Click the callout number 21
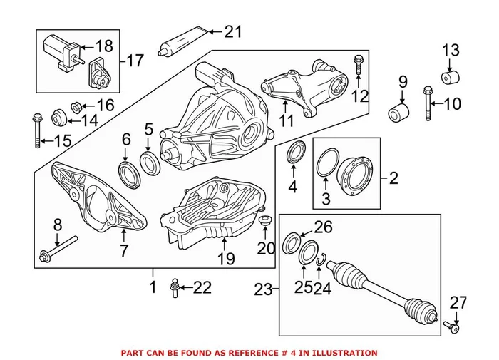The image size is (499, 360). (233, 31)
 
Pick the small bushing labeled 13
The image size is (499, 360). (450, 77)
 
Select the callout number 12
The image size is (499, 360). (361, 95)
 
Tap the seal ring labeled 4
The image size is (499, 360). (294, 153)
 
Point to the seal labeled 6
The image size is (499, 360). (126, 171)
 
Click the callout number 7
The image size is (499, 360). (123, 251)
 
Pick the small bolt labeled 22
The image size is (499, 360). (173, 289)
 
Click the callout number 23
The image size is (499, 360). (264, 289)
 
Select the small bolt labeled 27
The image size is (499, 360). (452, 328)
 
